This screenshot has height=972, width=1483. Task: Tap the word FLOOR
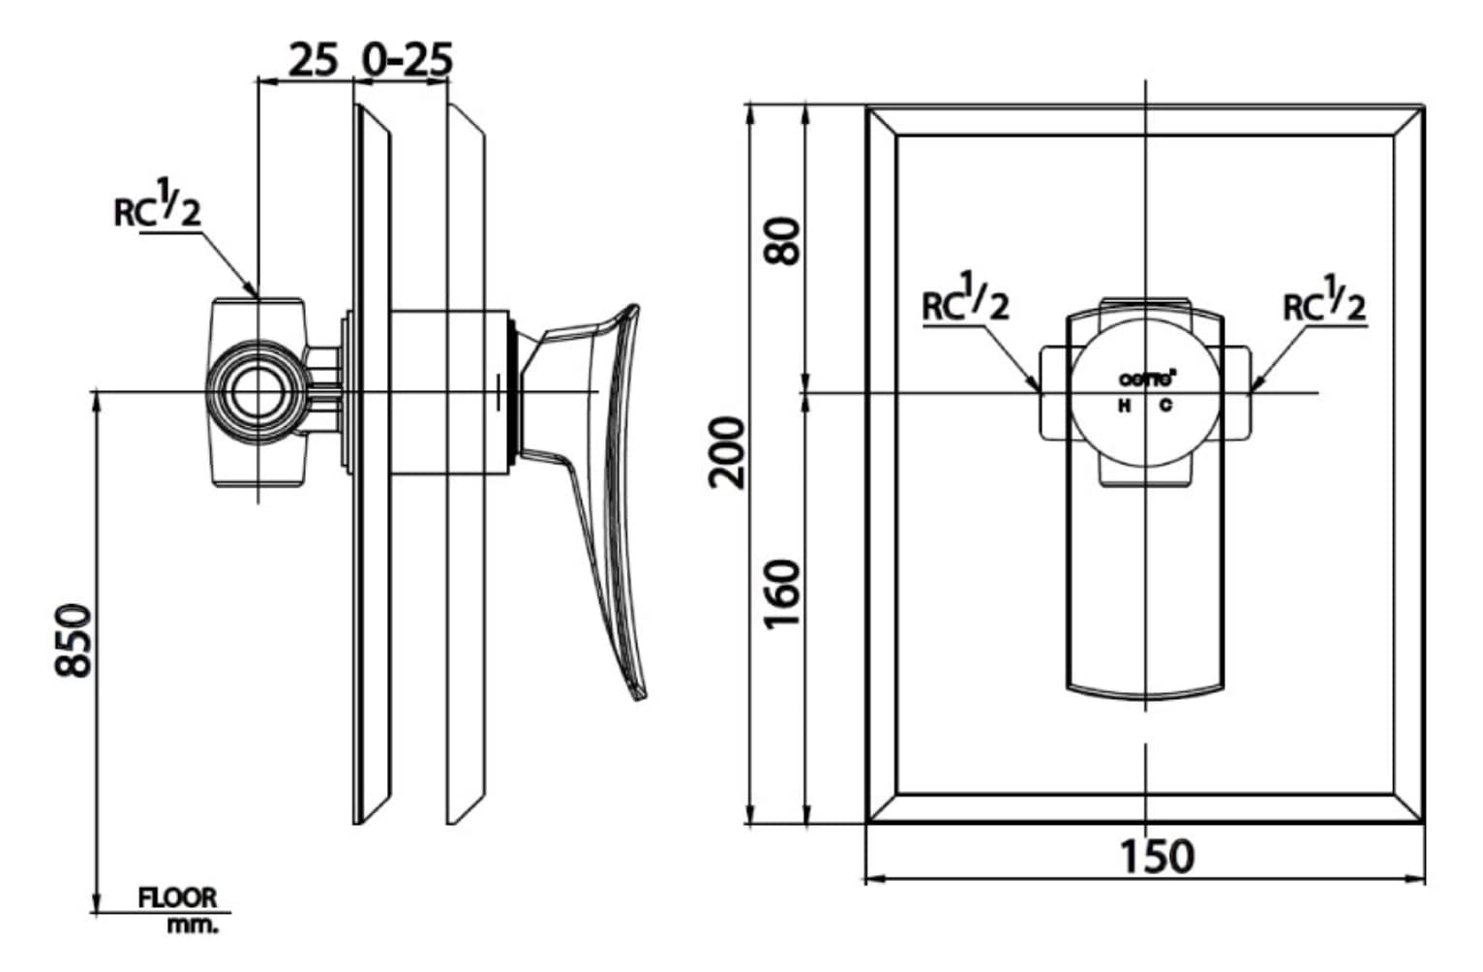pyautogui.click(x=177, y=898)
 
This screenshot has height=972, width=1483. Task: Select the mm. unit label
pyautogui.click(x=194, y=925)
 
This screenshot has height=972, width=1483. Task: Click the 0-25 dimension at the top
pyautogui.click(x=407, y=60)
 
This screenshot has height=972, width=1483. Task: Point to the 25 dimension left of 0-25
pyautogui.click(x=314, y=60)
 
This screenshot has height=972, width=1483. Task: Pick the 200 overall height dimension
pyautogui.click(x=728, y=452)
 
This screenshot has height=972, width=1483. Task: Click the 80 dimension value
pyautogui.click(x=784, y=241)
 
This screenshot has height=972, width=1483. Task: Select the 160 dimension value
pyautogui.click(x=784, y=592)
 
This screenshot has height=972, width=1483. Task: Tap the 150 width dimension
pyautogui.click(x=1156, y=856)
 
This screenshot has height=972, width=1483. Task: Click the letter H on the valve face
pyautogui.click(x=1124, y=406)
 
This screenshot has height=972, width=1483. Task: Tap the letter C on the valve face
pyautogui.click(x=1165, y=406)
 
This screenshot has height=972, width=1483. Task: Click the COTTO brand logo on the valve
pyautogui.click(x=1147, y=380)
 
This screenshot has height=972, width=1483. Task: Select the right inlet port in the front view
pyautogui.click(x=1238, y=392)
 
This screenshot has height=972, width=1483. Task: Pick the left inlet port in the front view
pyautogui.click(x=1053, y=392)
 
